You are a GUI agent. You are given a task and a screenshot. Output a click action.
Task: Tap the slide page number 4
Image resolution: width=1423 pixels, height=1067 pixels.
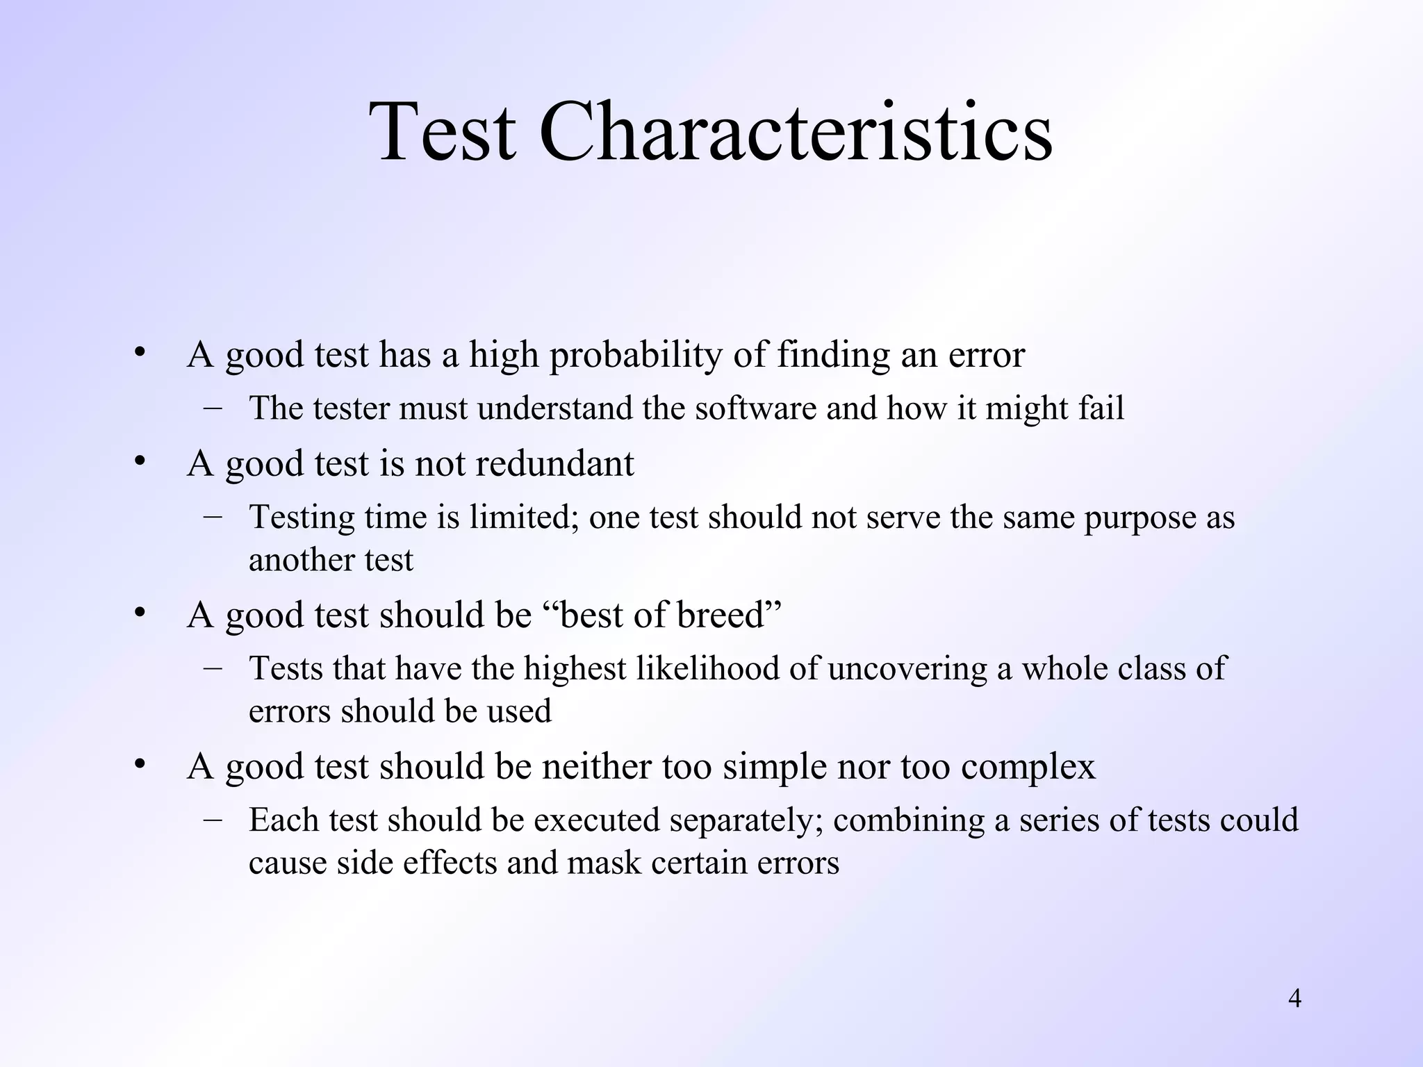1294,999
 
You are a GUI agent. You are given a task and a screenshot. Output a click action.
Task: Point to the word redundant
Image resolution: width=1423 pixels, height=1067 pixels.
554,463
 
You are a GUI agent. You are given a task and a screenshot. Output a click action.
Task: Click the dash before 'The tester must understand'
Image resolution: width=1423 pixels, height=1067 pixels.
213,407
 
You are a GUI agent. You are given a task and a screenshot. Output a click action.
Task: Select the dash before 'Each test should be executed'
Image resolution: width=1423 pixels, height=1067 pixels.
213,819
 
